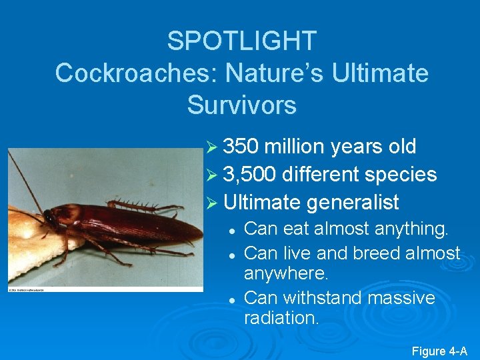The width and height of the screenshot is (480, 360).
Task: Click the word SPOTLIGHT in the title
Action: tap(241, 41)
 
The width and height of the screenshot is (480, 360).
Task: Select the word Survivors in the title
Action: tap(241, 105)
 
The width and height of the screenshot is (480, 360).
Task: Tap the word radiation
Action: tap(281, 319)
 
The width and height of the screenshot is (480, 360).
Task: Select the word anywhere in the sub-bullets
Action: tap(287, 274)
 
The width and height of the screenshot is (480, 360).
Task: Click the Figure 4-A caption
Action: tap(439, 351)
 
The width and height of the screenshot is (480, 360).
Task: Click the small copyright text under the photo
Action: tap(33, 290)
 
